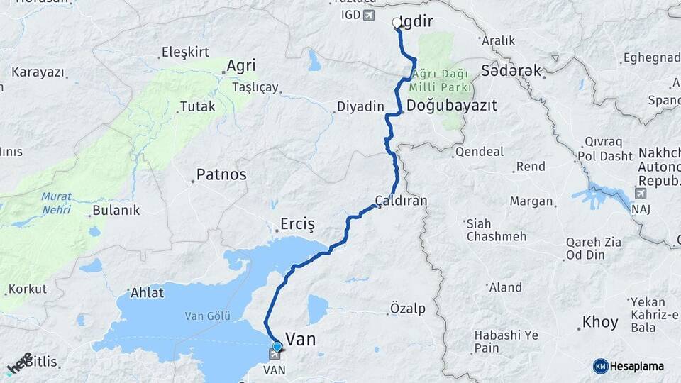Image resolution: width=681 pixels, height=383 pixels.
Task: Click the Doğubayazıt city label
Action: pyautogui.click(x=452, y=105)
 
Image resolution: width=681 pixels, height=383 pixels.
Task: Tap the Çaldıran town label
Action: pyautogui.click(x=402, y=201)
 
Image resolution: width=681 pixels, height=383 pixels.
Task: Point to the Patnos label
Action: pyautogui.click(x=221, y=174)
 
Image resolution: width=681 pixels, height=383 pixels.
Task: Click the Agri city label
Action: pyautogui.click(x=240, y=66)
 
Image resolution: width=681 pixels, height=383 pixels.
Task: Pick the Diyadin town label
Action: pyautogui.click(x=360, y=106)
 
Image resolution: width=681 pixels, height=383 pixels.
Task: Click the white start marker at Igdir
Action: pyautogui.click(x=397, y=23)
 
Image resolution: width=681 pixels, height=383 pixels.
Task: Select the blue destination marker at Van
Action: pyautogui.click(x=277, y=347)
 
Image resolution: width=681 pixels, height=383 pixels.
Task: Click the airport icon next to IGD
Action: pyautogui.click(x=369, y=15)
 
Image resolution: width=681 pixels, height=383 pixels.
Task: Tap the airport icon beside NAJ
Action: pyautogui.click(x=641, y=193)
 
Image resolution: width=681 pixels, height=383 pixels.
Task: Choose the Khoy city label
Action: pyautogui.click(x=600, y=323)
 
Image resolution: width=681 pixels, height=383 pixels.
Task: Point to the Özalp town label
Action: pyautogui.click(x=408, y=308)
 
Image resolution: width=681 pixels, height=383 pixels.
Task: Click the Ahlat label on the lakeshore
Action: pyautogui.click(x=148, y=292)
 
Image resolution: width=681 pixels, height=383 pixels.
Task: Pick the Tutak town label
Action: pyautogui.click(x=197, y=107)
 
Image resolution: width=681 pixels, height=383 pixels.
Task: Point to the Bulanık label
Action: pyautogui.click(x=116, y=211)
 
